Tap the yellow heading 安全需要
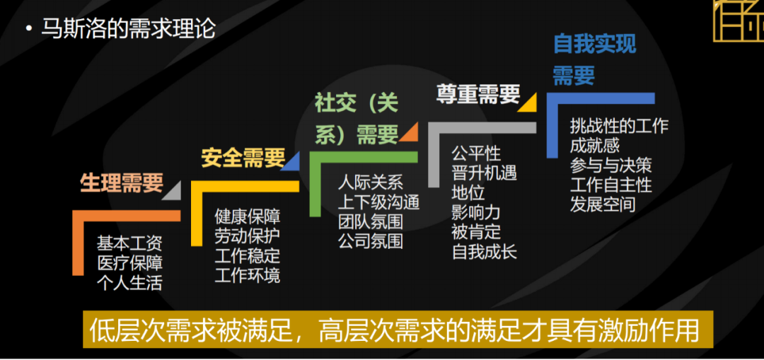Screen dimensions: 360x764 pos(243,158)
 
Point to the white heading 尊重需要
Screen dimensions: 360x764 pos(478,94)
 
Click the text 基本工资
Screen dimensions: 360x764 pos(129,244)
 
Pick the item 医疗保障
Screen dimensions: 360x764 pos(129,264)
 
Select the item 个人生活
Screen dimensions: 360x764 pos(129,284)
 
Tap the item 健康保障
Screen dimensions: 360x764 pos(247,216)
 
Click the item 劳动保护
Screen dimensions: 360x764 pos(247,236)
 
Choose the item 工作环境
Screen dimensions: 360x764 pos(247,276)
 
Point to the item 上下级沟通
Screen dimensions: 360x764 pos(378,202)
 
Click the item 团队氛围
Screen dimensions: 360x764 pos(370,221)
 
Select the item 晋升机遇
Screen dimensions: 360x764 pos(485,173)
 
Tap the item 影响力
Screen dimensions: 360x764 pos(476,212)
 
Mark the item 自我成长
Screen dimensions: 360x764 pos(485,252)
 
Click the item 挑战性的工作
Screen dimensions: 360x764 pos(619,127)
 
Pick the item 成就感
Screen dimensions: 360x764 pos(595,146)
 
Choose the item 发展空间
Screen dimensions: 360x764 pos(603,205)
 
